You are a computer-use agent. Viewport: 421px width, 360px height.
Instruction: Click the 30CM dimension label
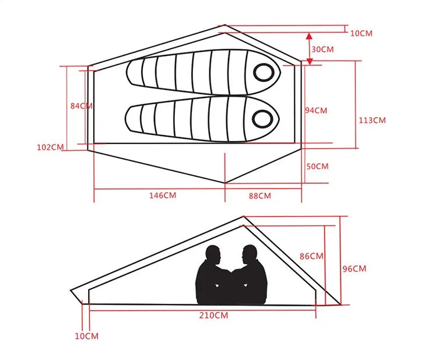[x=322, y=50]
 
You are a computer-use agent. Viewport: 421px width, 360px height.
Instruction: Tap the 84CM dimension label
[x=81, y=106]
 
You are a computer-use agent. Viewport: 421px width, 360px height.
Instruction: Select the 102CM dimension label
[x=50, y=148]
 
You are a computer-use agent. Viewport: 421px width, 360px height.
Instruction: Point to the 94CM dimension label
[x=316, y=110]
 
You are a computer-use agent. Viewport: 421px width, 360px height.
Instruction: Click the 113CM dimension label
[x=371, y=120]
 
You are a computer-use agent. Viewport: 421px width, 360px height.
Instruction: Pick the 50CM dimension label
[x=317, y=166]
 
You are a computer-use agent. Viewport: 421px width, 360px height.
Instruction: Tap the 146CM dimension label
[x=162, y=195]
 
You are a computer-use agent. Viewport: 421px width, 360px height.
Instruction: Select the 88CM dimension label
[x=260, y=195]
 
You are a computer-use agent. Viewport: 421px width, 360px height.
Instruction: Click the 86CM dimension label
[x=311, y=256]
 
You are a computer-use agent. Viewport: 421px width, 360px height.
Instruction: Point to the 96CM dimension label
[x=354, y=269]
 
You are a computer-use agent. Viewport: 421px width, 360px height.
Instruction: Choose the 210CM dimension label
[x=213, y=316]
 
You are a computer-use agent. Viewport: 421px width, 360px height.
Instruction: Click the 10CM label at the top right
[x=361, y=33]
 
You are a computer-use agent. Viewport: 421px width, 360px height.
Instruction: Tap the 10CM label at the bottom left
[x=87, y=336]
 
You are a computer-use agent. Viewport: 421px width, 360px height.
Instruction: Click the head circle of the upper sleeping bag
[x=264, y=72]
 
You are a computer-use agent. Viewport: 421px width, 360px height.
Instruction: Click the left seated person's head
[x=213, y=256]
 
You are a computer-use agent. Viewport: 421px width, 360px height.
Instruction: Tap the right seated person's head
[x=250, y=255]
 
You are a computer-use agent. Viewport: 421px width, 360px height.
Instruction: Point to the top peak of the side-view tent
[x=243, y=217]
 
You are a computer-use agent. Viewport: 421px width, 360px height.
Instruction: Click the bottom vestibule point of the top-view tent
[x=225, y=183]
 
